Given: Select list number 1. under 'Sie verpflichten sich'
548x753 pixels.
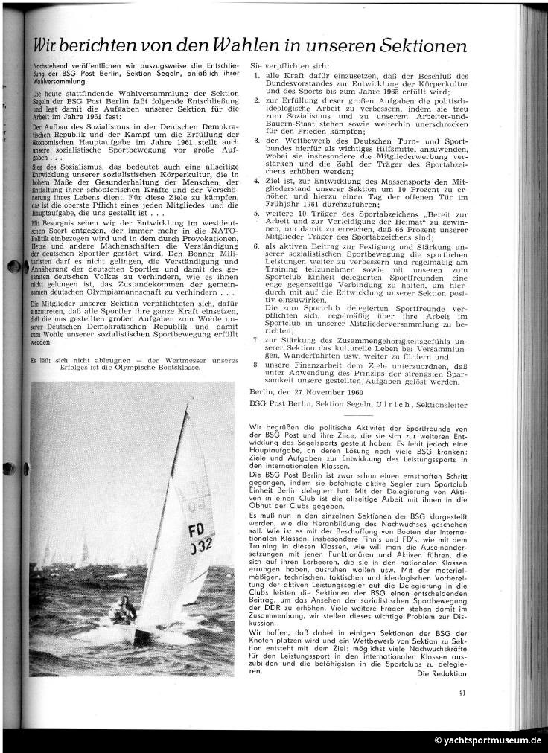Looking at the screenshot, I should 258,76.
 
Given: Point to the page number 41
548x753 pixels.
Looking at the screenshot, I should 462,694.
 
